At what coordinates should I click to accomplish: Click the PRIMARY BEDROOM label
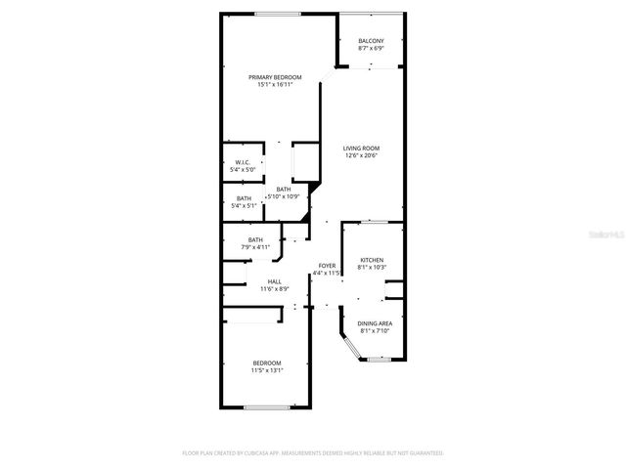(x=274, y=77)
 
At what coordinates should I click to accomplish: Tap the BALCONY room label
(x=371, y=40)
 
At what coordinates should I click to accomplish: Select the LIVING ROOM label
(x=361, y=148)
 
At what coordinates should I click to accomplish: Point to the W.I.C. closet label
(x=242, y=162)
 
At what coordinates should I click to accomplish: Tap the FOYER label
(x=327, y=266)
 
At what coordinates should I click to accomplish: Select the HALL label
(x=275, y=281)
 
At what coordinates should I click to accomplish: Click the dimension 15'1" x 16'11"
(x=274, y=85)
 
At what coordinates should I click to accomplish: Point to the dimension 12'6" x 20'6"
(x=361, y=155)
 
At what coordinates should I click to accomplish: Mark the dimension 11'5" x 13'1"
(x=266, y=370)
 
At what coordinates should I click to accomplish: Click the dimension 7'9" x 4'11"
(x=254, y=247)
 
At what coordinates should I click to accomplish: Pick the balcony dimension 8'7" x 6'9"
(x=371, y=48)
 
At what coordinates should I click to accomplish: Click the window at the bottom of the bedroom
(x=265, y=406)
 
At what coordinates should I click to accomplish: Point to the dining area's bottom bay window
(x=379, y=360)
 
